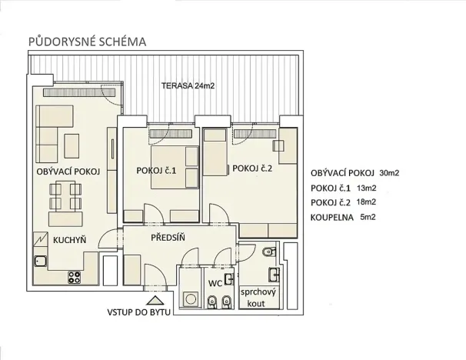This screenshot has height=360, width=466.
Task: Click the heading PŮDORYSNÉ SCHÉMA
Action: coord(86,40)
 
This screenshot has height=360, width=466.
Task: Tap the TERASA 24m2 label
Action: coord(188,86)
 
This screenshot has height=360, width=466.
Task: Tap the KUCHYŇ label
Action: coord(70,240)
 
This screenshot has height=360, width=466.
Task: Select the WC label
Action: coord(216,283)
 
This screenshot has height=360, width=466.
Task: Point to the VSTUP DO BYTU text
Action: coord(140,313)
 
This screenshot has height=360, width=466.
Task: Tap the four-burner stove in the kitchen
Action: coord(76,276)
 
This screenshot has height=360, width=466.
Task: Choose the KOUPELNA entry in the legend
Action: coord(333,218)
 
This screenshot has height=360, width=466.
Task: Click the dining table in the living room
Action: coord(66,197)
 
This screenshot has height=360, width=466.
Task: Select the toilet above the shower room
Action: coord(266,253)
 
